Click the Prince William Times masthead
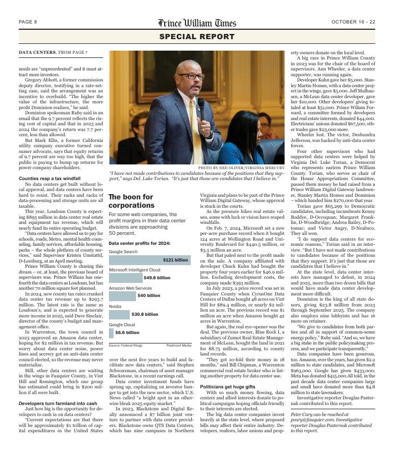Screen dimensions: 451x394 [197, 23]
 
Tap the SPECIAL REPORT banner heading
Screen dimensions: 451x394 [197, 37]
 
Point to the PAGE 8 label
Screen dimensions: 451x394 [28, 22]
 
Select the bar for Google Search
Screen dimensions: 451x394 [150, 260]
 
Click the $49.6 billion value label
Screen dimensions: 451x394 [157, 278]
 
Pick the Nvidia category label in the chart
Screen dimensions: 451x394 [115, 306]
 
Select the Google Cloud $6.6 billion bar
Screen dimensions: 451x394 [111, 333]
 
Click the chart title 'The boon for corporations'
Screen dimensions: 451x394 [131, 201]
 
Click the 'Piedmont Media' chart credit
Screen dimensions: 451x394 [178, 345]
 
